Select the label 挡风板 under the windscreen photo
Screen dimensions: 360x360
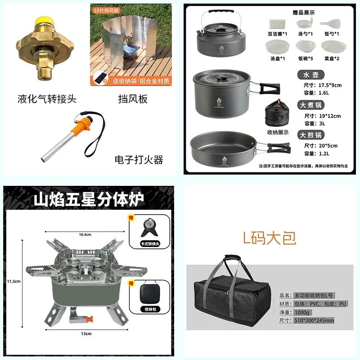[133, 99]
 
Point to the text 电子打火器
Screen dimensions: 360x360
[139, 159]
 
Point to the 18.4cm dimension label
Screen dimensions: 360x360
[85, 234]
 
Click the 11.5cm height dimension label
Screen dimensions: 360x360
[13, 281]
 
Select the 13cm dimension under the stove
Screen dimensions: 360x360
[86, 333]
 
